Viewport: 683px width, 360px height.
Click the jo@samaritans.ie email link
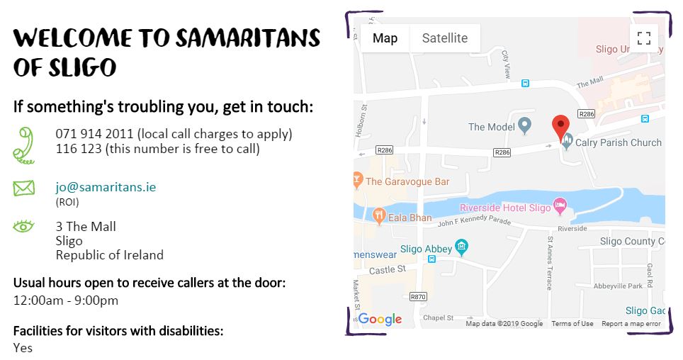point(106,188)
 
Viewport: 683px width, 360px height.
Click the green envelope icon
point(23,189)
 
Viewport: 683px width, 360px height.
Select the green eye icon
point(23,227)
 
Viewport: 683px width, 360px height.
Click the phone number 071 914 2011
point(94,134)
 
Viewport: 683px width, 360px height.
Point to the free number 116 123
point(78,150)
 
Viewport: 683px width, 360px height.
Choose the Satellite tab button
point(445,38)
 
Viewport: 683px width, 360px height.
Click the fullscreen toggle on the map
point(643,38)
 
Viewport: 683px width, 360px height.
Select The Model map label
point(487,128)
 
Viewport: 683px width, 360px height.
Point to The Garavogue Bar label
point(407,182)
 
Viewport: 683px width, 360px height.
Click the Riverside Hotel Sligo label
point(504,208)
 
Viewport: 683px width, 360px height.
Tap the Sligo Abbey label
point(425,249)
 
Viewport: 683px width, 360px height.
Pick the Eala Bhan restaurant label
point(410,218)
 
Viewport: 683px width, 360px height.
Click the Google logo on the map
point(380,320)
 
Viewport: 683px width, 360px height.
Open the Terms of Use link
point(572,324)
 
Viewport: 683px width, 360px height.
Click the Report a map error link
point(631,324)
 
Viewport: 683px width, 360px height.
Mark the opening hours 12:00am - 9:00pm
point(66,300)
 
